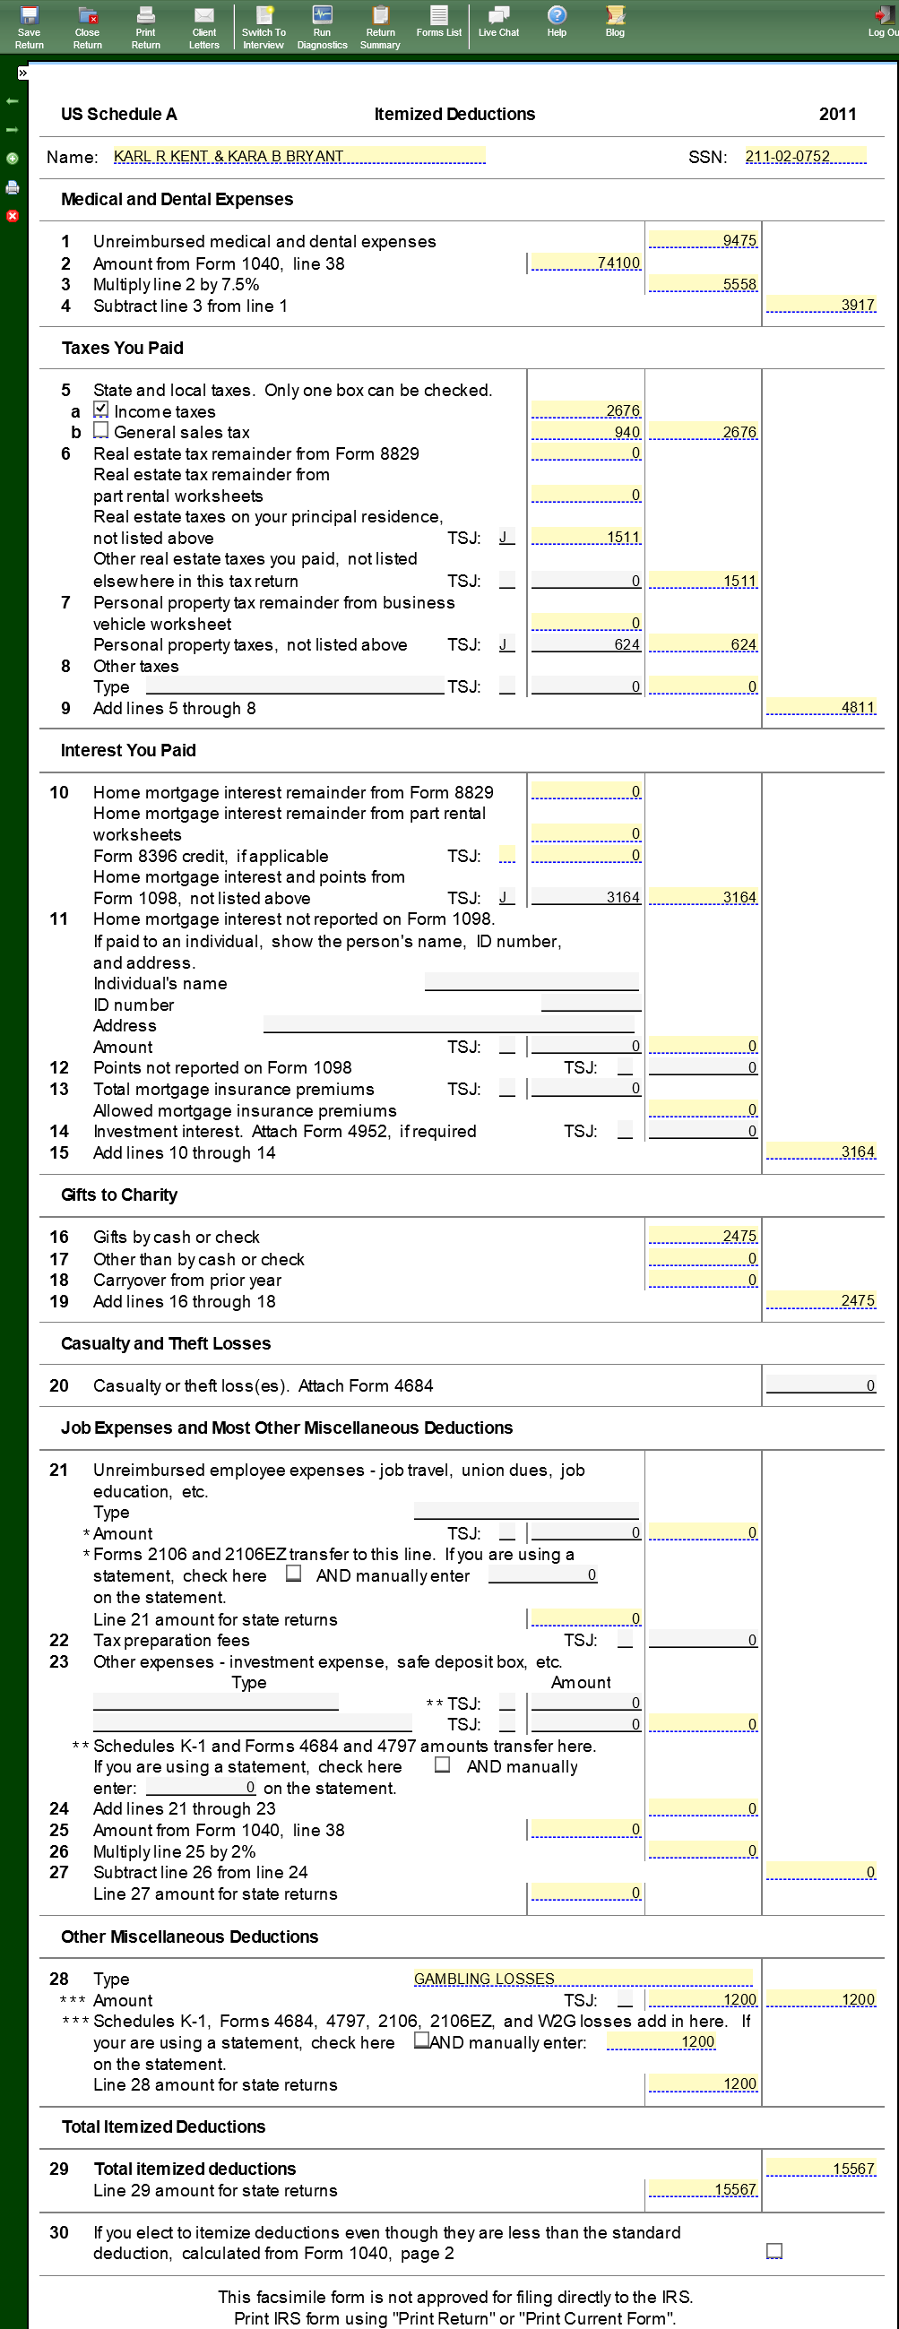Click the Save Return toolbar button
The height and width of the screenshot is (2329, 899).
(x=29, y=26)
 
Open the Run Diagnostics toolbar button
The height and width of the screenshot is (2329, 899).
(x=322, y=26)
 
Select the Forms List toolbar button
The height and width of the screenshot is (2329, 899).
(x=438, y=22)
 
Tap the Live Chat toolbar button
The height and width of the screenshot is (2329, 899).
(x=498, y=22)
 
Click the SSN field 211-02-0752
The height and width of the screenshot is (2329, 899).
(x=804, y=157)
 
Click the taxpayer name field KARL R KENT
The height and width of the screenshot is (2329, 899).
(x=298, y=157)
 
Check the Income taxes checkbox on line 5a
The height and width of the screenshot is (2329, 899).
(x=101, y=410)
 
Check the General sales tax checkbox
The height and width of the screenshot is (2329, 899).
(x=101, y=430)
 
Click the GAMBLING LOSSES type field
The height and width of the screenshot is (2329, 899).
(x=583, y=1979)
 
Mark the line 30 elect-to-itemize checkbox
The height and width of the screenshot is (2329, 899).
(x=774, y=2250)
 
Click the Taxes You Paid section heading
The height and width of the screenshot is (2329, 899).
(x=122, y=348)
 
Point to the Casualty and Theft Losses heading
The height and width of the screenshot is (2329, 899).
(x=166, y=1343)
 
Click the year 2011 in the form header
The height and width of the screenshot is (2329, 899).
(x=837, y=114)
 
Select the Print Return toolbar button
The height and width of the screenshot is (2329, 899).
(x=145, y=26)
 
